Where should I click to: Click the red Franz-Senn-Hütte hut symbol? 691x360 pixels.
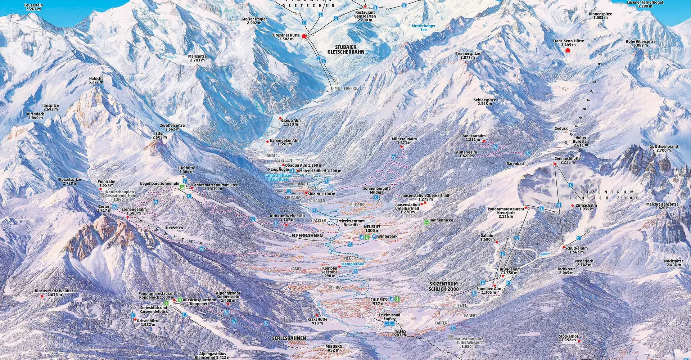point(568,50)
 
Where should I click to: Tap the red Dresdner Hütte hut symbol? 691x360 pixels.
point(304,36)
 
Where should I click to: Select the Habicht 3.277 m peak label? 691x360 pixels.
point(96,80)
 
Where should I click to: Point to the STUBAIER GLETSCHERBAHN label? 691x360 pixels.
point(345,50)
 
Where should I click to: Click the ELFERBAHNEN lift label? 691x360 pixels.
point(307,236)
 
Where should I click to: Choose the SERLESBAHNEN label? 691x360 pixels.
point(289,338)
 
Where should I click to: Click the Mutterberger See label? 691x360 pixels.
point(424,28)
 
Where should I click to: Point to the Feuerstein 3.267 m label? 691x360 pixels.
point(33,7)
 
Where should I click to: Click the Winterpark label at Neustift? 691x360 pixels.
point(387,237)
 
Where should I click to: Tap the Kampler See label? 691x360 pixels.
point(353,264)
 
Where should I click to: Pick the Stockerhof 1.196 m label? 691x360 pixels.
point(568,338)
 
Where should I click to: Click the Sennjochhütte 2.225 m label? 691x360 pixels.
point(568,160)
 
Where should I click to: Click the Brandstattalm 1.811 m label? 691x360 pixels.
point(473,138)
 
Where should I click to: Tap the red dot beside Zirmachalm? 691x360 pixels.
point(572,206)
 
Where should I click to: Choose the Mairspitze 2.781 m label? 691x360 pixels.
point(197,58)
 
